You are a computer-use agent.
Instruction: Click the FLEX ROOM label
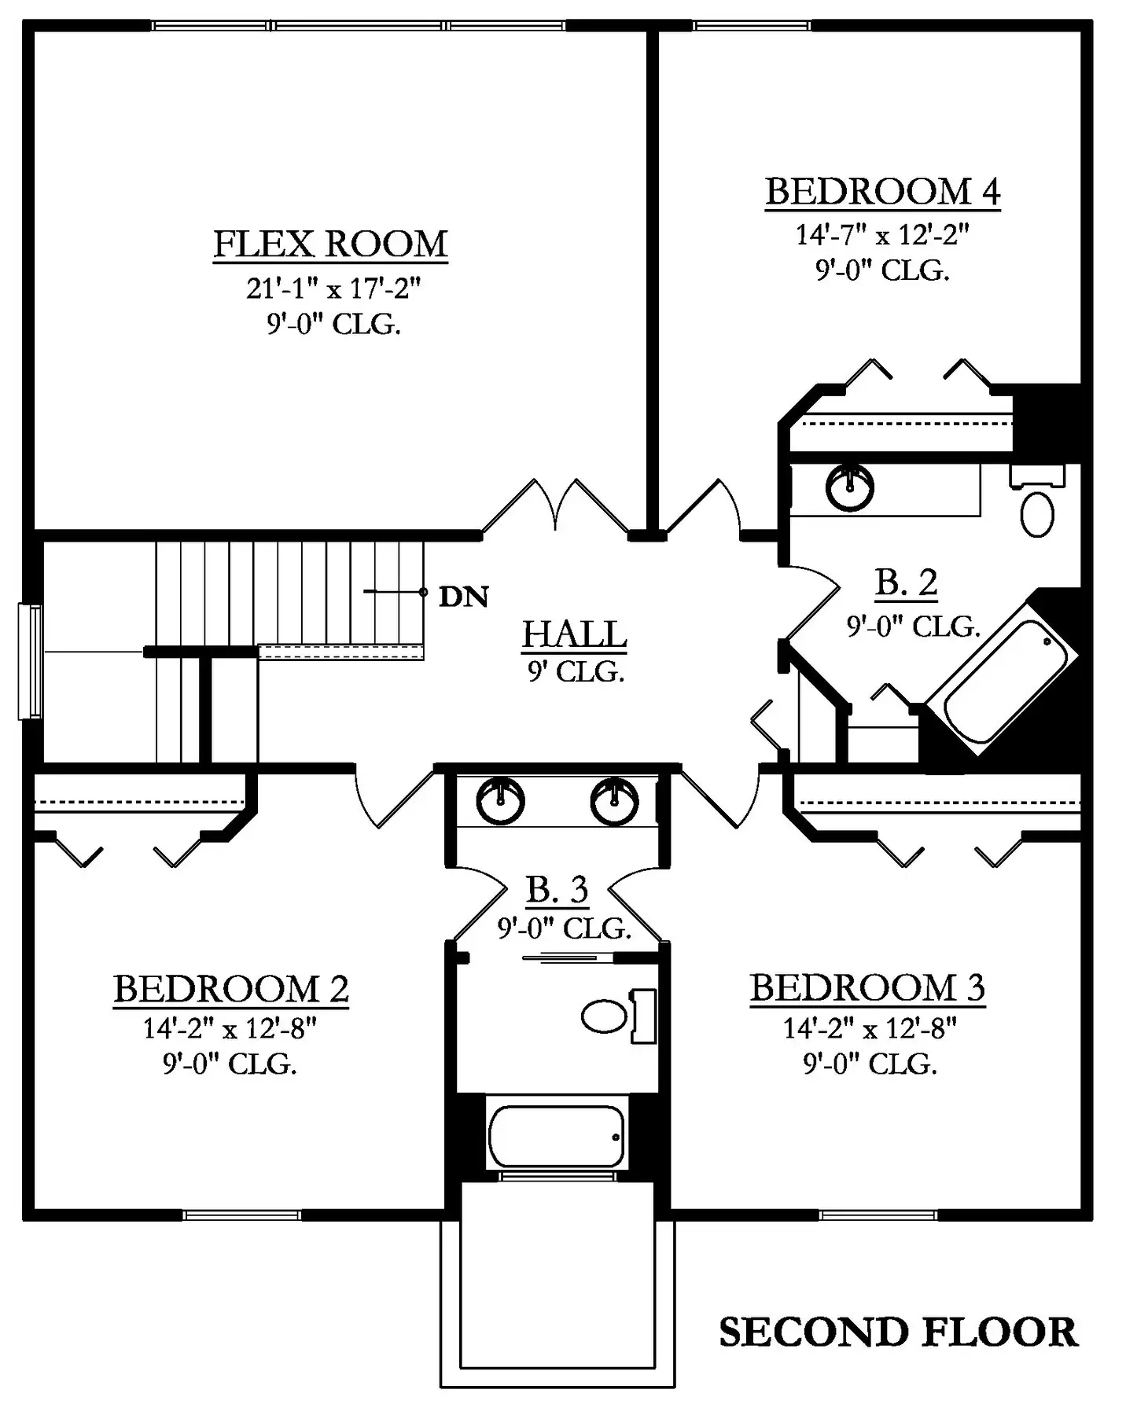pyautogui.click(x=330, y=244)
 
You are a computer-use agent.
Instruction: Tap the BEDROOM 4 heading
pyautogui.click(x=882, y=192)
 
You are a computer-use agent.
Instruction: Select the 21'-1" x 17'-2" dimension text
pyautogui.click(x=333, y=289)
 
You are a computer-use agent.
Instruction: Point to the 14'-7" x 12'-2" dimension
pyautogui.click(x=882, y=234)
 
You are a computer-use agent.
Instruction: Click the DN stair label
pyautogui.click(x=463, y=597)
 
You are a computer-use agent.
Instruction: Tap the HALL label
pyautogui.click(x=575, y=634)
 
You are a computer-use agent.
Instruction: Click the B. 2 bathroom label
pyautogui.click(x=906, y=583)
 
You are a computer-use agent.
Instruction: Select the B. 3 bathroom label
pyautogui.click(x=557, y=889)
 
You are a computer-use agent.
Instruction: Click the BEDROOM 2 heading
pyautogui.click(x=231, y=989)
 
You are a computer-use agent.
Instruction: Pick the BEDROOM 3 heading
pyautogui.click(x=867, y=988)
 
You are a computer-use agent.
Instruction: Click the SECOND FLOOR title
pyautogui.click(x=898, y=1332)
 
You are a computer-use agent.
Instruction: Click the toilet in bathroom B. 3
pyautogui.click(x=620, y=1016)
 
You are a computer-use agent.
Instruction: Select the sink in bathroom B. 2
pyautogui.click(x=850, y=487)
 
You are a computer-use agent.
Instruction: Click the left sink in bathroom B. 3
pyautogui.click(x=500, y=800)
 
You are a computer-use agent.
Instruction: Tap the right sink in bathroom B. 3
pyautogui.click(x=615, y=800)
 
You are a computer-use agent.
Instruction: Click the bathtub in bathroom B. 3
pyautogui.click(x=557, y=1136)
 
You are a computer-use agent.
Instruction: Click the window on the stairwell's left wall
pyautogui.click(x=31, y=661)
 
